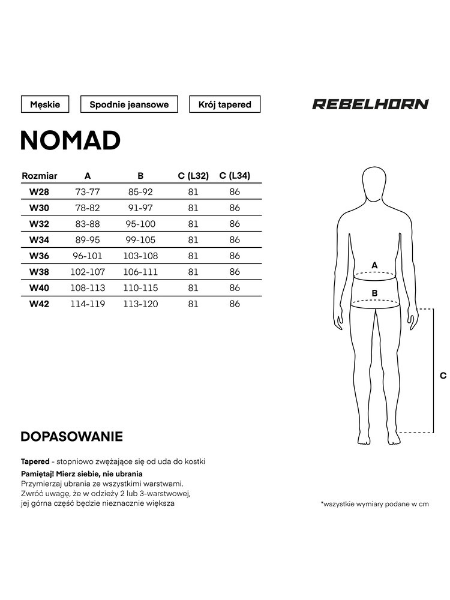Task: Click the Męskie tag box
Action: click(45, 104)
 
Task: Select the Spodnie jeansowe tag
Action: click(129, 104)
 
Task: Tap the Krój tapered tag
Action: click(225, 104)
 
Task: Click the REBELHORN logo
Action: click(370, 104)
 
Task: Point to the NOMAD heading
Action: click(71, 140)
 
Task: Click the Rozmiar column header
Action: click(40, 176)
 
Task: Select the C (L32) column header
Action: click(193, 176)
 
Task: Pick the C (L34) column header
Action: click(235, 176)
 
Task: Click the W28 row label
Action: click(40, 192)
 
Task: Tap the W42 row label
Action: click(40, 304)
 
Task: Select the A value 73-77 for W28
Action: click(88, 192)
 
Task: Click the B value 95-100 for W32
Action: click(140, 224)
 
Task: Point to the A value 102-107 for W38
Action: click(88, 272)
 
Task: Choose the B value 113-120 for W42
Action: click(140, 304)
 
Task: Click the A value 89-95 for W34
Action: click(88, 240)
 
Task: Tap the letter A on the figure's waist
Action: click(375, 265)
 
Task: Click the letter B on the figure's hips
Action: click(375, 293)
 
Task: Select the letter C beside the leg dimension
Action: click(443, 376)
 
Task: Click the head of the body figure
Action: click(375, 184)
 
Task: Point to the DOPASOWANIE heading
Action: click(71, 436)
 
